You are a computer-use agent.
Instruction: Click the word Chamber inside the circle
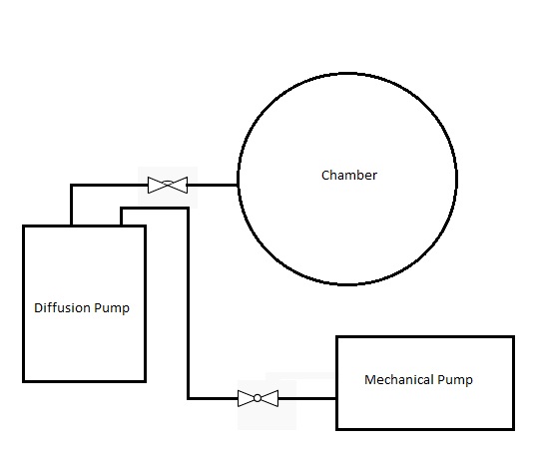coord(348,176)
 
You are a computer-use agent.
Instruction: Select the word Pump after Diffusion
coord(112,308)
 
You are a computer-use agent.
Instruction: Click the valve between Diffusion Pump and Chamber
coord(168,185)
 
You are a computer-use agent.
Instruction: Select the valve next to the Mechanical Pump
coord(258,398)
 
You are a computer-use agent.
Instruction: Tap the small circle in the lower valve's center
coord(258,398)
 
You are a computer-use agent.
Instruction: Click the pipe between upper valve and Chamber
coord(213,185)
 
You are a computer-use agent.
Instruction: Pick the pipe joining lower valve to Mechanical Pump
coord(306,398)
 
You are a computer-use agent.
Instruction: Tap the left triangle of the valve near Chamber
coord(157,185)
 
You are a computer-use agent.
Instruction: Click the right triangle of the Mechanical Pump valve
coord(268,398)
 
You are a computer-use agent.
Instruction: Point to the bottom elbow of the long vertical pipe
coord(189,398)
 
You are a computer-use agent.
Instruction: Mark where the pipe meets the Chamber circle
coord(238,185)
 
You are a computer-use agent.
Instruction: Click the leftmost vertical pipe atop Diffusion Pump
coord(71,205)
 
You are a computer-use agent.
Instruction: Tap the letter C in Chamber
coord(325,176)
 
